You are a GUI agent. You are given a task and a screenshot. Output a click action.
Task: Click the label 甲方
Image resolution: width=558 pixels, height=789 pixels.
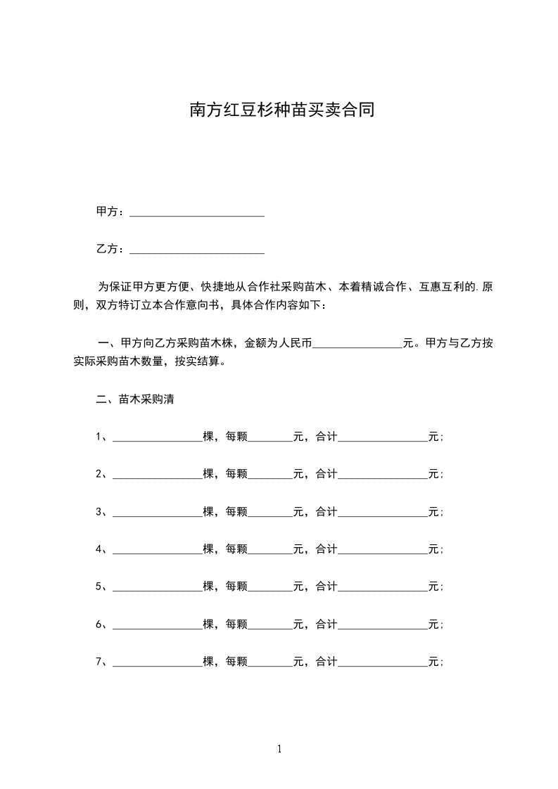(x=107, y=212)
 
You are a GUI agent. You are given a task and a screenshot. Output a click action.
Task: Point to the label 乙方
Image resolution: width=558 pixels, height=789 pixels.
(x=107, y=249)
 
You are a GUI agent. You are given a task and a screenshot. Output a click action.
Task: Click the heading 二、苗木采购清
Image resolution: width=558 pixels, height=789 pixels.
(x=135, y=400)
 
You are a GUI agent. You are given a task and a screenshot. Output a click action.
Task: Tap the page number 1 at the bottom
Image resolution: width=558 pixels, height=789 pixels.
(x=279, y=749)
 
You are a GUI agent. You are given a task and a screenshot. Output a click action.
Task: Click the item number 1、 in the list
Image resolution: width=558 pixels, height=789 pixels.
(x=101, y=437)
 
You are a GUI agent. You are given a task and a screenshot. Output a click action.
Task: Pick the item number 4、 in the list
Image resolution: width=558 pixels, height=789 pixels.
(x=101, y=549)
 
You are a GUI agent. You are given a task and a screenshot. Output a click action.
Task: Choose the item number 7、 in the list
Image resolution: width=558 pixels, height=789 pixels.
(x=101, y=661)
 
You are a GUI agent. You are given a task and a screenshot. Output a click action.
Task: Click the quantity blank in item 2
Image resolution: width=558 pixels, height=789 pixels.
(x=157, y=475)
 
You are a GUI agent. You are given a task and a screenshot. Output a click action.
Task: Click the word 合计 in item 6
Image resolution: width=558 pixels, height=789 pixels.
(x=326, y=624)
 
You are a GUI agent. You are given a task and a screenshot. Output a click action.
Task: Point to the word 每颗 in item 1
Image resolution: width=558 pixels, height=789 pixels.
(x=236, y=437)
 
